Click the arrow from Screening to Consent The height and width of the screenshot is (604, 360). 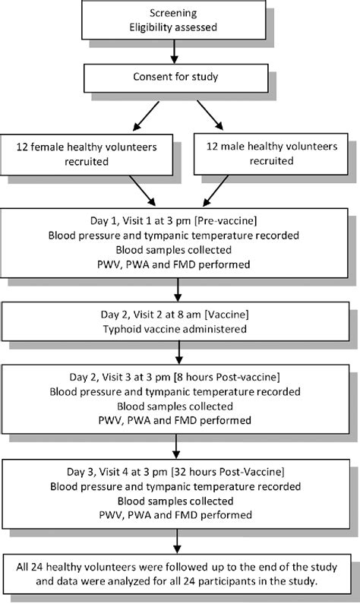pyautogui.click(x=175, y=52)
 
